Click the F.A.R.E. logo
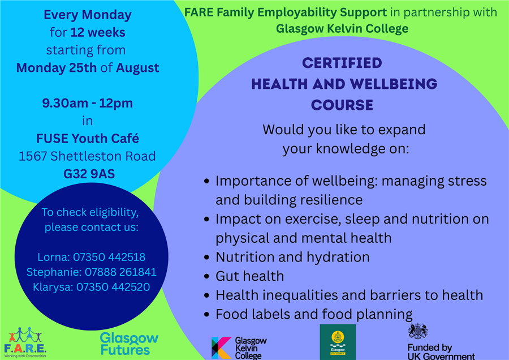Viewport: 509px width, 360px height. pyautogui.click(x=25, y=342)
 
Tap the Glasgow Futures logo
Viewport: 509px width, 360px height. pyautogui.click(x=129, y=344)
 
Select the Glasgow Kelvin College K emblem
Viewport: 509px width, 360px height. pyautogui.click(x=221, y=348)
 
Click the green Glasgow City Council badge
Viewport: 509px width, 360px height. pyautogui.click(x=338, y=342)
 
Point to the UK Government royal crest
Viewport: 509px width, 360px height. pyautogui.click(x=418, y=331)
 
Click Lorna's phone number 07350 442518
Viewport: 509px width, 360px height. pyautogui.click(x=109, y=257)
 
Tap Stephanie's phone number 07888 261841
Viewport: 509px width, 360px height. pyautogui.click(x=120, y=272)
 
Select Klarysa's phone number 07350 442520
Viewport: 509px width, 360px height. pyautogui.click(x=113, y=287)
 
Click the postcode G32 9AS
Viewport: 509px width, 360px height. pyautogui.click(x=89, y=174)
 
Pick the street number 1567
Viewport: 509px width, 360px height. pyautogui.click(x=33, y=156)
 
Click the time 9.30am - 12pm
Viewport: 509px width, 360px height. pyautogui.click(x=87, y=104)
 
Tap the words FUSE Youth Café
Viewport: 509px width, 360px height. pyautogui.click(x=88, y=139)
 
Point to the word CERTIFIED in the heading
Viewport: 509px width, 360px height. pyautogui.click(x=342, y=63)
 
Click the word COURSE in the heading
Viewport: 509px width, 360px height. pyautogui.click(x=342, y=105)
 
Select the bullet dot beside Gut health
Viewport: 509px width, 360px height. pyautogui.click(x=206, y=276)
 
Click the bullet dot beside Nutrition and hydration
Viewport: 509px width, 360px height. pyautogui.click(x=206, y=258)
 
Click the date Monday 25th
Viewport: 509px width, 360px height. pyautogui.click(x=57, y=68)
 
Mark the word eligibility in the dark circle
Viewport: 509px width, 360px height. pyautogui.click(x=114, y=212)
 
